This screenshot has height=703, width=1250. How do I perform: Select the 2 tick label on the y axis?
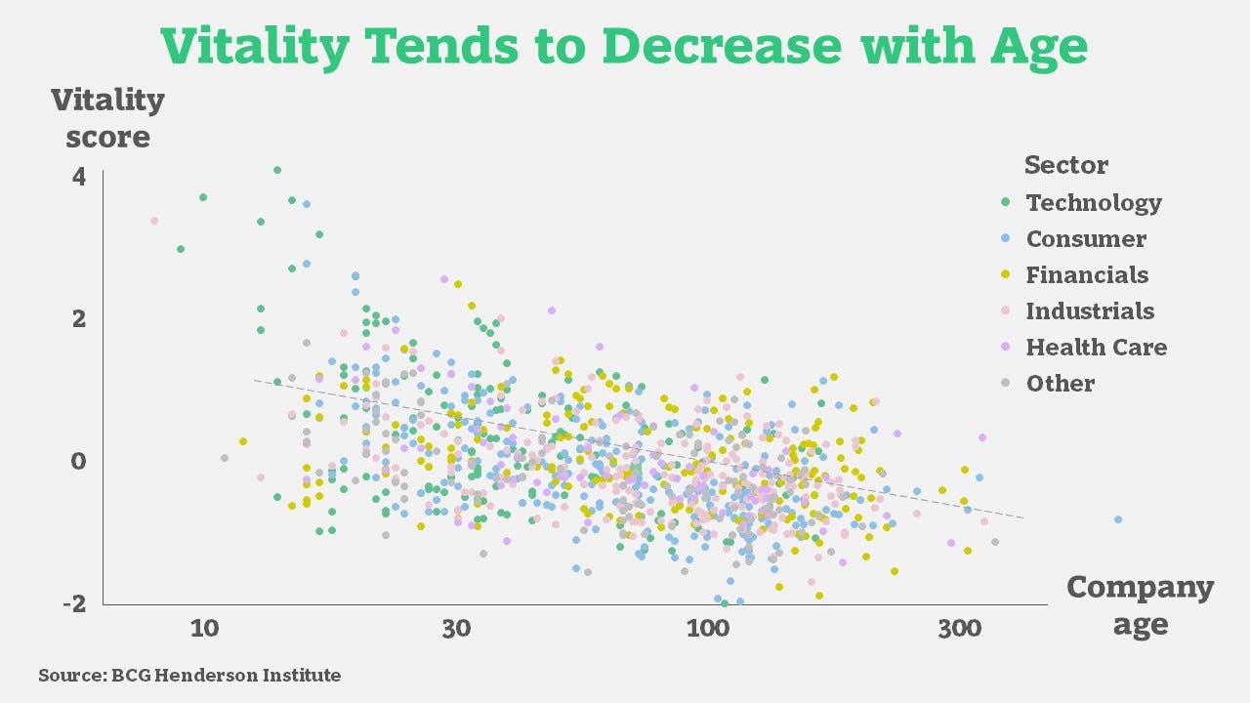click(x=78, y=319)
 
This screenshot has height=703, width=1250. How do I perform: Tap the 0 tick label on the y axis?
click(x=78, y=461)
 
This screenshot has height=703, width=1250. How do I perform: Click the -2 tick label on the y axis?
click(x=74, y=604)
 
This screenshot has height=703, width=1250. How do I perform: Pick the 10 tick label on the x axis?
click(x=204, y=629)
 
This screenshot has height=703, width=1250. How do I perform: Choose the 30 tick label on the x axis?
click(x=456, y=629)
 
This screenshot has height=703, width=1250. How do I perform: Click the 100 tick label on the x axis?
click(x=707, y=629)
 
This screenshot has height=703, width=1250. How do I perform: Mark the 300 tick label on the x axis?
click(x=959, y=629)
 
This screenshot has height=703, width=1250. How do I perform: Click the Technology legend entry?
click(x=1093, y=203)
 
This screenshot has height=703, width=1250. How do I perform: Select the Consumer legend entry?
click(x=1086, y=239)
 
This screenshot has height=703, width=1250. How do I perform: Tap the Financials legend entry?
click(x=1087, y=275)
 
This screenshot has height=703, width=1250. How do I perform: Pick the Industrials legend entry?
click(x=1090, y=311)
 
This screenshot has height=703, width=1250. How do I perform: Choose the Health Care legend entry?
click(x=1096, y=348)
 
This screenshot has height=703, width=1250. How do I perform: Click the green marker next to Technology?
click(x=1006, y=203)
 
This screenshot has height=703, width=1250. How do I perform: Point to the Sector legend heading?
click(x=1066, y=165)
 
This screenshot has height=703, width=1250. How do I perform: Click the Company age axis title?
click(x=1140, y=605)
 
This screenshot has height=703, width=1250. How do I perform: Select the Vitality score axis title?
click(x=107, y=118)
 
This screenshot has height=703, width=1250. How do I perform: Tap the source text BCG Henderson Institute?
click(x=189, y=675)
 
